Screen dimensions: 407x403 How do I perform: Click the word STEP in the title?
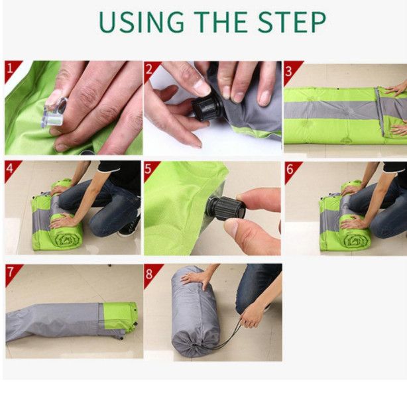point(292,22)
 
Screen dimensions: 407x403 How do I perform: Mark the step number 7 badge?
point(12,272)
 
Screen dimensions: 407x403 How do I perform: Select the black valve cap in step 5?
point(225,208)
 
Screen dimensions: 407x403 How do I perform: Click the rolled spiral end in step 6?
point(355,241)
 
